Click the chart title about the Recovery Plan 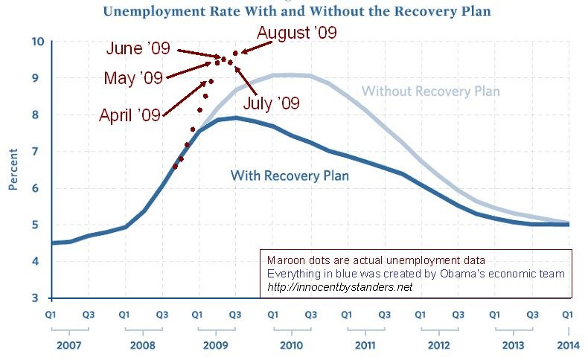296,12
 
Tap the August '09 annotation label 296,33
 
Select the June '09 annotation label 138,49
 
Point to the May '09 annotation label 133,78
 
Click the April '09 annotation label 130,115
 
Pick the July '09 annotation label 271,103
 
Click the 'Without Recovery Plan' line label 430,91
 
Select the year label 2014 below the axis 569,347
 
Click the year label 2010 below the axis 291,347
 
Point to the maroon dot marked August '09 235,53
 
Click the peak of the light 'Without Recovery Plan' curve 287,74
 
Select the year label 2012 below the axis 438,347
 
